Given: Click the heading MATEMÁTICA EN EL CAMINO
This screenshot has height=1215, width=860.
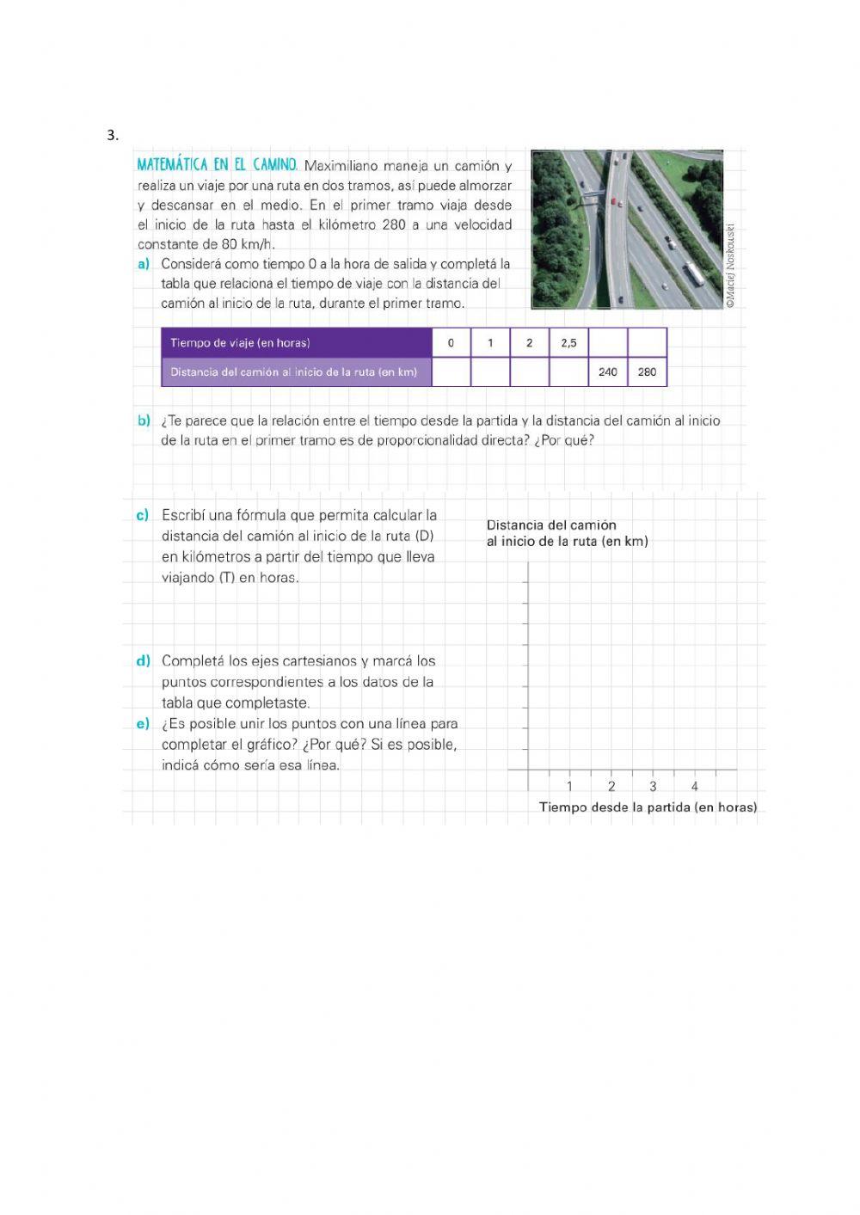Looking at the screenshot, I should coord(218,164).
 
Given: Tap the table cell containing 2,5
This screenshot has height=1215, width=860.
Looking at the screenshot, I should coord(568,343).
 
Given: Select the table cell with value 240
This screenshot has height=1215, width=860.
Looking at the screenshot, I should coord(608,372).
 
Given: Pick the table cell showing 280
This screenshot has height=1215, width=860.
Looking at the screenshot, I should coord(648,372).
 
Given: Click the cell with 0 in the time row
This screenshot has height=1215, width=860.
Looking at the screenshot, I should coord(451,343).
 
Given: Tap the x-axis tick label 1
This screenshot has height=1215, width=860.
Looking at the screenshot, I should coord(569,786).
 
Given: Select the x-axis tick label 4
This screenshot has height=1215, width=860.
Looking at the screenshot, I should coord(695,786).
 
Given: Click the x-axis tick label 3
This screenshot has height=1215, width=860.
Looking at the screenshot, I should coord(653,786).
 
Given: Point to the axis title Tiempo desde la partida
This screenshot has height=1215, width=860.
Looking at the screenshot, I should coord(648,807).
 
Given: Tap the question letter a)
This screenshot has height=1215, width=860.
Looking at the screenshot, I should coord(144,264).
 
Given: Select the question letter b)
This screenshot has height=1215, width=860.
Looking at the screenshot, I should coord(144,420).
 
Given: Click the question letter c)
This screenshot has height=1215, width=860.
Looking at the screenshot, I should coord(143,515).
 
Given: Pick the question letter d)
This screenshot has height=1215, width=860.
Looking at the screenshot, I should coord(143,661).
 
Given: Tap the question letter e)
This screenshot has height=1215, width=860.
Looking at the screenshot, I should coord(143,724).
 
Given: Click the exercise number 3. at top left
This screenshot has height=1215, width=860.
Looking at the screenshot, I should coord(113,135).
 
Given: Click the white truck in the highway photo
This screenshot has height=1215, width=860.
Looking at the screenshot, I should coord(693,274).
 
